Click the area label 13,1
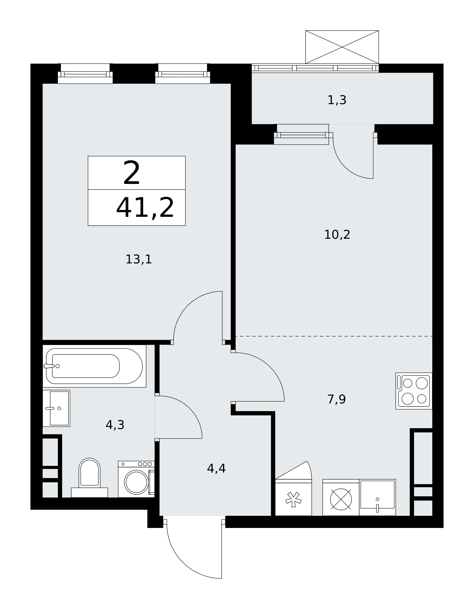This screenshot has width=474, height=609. coord(139,260)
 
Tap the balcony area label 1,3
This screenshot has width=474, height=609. coord(337,100)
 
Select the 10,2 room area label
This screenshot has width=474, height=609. coord(337,235)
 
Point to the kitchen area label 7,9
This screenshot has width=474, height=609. coord(337,399)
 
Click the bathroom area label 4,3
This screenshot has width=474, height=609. coord(115,425)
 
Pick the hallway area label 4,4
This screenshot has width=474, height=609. coord(216,468)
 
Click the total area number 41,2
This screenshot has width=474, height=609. coord(145,208)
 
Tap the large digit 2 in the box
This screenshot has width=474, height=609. coord(132,173)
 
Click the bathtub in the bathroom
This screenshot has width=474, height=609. coord(94,366)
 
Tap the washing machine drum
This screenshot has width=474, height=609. coord(136,482)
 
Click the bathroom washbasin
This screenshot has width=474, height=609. coord(56,408)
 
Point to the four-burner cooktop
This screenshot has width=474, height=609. coord(414,391)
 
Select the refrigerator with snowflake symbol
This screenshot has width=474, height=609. coord(293,498)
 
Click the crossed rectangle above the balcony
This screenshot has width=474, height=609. coord(342,47)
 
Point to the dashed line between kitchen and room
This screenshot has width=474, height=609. coord(334,336)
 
